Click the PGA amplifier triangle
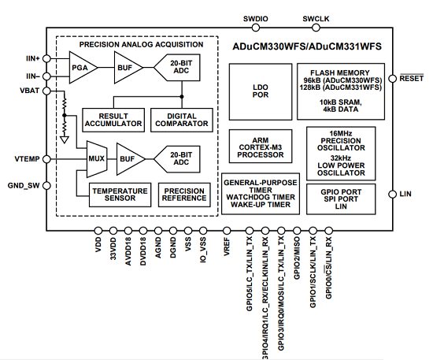tap(81, 68)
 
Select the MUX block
tap(97, 159)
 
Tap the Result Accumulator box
tap(113, 120)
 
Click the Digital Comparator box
tap(182, 120)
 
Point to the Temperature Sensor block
tap(120, 195)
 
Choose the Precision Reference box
tap(184, 195)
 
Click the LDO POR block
tap(261, 91)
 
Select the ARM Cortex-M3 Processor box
tap(261, 147)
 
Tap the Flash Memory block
tap(341, 91)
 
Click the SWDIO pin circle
tap(256, 28)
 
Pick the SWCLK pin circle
tap(316, 28)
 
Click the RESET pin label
tap(412, 79)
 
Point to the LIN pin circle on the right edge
tap(392, 195)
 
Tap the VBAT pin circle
tap(47, 91)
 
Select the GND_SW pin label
tap(24, 186)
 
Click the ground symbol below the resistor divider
tap(65, 139)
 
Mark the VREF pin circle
tap(227, 231)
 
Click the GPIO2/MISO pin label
tap(297, 258)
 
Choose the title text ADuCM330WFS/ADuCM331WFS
tap(307, 46)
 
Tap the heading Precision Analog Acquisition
tap(142, 44)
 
